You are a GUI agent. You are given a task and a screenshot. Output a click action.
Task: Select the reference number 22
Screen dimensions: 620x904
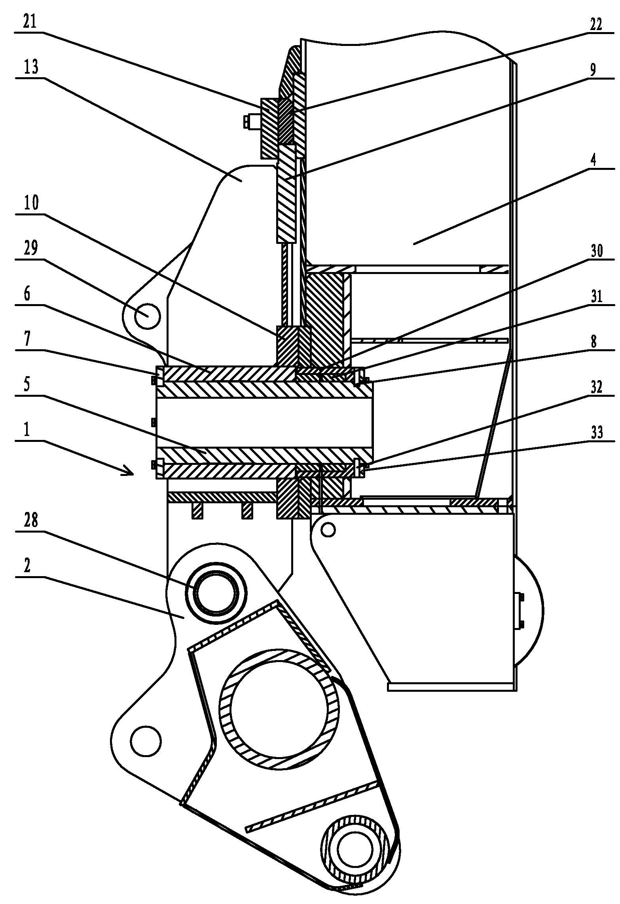[x=595, y=24]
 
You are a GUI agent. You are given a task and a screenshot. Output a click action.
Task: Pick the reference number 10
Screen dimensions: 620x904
[x=31, y=203]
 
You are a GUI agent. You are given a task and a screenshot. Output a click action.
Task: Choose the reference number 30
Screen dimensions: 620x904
[x=596, y=251]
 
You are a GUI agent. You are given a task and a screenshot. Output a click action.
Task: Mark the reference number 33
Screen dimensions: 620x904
[x=596, y=432]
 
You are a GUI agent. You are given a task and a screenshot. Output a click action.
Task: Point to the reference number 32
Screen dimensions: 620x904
[x=596, y=387]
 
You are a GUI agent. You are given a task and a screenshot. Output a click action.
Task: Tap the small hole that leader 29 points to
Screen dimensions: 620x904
[x=147, y=316]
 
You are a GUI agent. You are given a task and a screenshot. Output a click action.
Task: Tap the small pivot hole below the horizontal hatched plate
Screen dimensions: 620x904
[x=328, y=529]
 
